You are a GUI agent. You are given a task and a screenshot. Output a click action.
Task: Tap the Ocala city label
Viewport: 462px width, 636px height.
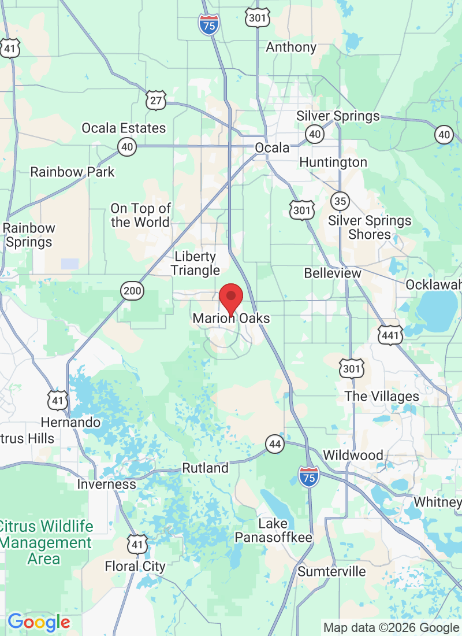[x=272, y=148]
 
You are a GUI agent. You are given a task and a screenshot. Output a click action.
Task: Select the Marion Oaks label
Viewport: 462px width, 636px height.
[x=231, y=319]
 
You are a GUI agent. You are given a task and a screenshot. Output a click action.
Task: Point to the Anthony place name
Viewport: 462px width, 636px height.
[x=291, y=47]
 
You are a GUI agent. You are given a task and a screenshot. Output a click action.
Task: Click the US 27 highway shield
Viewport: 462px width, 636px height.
[x=156, y=100]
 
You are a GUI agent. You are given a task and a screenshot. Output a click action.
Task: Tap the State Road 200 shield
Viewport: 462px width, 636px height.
[x=133, y=291]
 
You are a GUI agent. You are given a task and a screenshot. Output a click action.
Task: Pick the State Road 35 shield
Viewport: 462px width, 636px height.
[x=340, y=201]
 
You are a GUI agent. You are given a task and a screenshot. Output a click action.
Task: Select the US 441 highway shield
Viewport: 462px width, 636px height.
[x=391, y=335]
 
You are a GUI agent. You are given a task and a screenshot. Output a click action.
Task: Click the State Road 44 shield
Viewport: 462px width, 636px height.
[x=275, y=444]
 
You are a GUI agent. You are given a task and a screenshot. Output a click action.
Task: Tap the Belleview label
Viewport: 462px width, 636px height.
[x=333, y=273]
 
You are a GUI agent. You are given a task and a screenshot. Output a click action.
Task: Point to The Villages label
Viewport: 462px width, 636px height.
[x=382, y=397]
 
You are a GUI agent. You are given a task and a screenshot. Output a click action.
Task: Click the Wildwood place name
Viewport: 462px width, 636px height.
[x=353, y=455]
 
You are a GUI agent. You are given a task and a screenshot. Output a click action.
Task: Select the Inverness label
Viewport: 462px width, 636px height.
[x=107, y=484]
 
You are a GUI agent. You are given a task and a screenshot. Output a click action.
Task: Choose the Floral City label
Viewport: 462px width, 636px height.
[x=135, y=567]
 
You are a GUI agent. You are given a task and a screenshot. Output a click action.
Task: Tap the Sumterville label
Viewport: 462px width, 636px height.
[x=331, y=571]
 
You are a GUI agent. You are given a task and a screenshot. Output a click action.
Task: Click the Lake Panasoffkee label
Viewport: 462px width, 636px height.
[x=273, y=531]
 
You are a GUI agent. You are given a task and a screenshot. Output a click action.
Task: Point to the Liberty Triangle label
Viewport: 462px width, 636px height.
[x=195, y=263]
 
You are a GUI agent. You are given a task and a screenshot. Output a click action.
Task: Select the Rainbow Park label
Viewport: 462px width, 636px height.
[x=72, y=172]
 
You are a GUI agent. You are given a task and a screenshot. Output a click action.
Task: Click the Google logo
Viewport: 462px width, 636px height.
[x=39, y=622]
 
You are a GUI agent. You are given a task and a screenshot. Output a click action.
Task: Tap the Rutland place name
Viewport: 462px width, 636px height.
[x=206, y=468]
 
